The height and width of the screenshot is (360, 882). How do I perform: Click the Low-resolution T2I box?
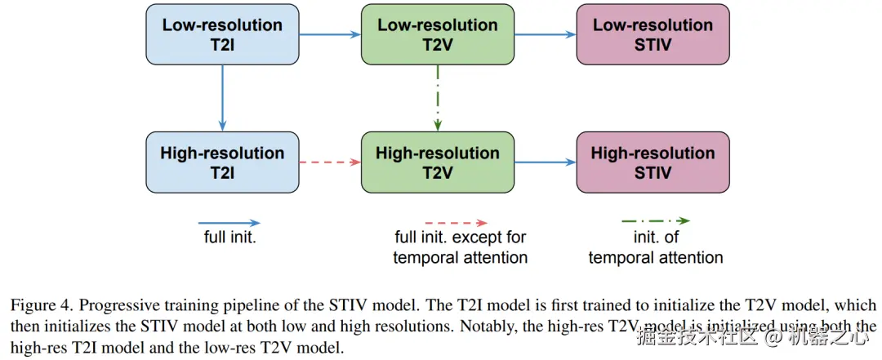[x=223, y=33]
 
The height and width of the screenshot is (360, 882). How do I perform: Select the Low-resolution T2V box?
[x=438, y=33]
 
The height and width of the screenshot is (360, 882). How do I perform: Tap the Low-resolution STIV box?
[x=653, y=33]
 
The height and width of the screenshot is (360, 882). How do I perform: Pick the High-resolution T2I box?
[x=223, y=162]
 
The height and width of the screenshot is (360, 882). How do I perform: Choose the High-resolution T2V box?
[x=438, y=162]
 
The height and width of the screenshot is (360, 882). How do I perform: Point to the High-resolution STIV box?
[x=653, y=162]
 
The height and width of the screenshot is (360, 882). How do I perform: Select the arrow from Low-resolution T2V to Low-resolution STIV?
[x=545, y=34]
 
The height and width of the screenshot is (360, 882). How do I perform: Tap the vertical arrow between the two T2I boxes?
[x=223, y=97]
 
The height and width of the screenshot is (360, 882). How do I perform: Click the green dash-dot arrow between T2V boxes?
[x=439, y=97]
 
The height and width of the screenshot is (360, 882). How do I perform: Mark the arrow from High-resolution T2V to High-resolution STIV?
[x=545, y=162]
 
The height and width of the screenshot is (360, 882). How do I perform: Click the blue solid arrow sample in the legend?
[x=229, y=222]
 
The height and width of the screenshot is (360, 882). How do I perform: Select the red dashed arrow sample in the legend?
[x=457, y=222]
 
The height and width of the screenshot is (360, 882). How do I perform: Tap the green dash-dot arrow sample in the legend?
[x=656, y=220]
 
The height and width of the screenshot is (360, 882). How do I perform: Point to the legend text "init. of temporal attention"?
[x=656, y=248]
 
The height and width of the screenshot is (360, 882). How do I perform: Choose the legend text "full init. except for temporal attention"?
[x=460, y=248]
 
